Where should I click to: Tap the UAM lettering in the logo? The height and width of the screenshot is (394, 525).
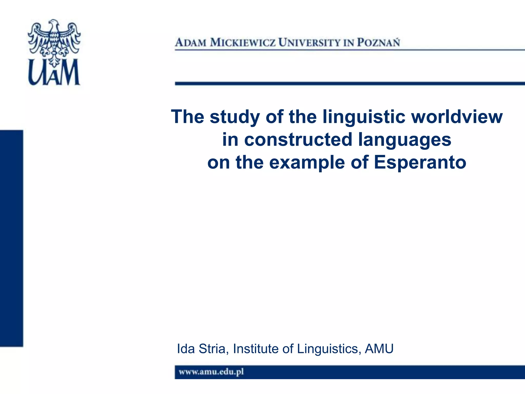54,73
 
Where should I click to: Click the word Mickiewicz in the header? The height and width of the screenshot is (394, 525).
243,43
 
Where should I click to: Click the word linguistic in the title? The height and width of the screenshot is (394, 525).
364,117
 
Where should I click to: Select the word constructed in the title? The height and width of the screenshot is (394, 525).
298,140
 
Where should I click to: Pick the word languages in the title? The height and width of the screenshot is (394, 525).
405,140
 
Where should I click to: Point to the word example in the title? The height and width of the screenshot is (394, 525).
307,163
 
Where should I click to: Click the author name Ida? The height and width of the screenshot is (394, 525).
186,349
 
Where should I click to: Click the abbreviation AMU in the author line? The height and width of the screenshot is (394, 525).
379,349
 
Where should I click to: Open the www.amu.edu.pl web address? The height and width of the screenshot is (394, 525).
211,372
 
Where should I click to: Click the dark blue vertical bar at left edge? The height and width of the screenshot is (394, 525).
11,238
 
